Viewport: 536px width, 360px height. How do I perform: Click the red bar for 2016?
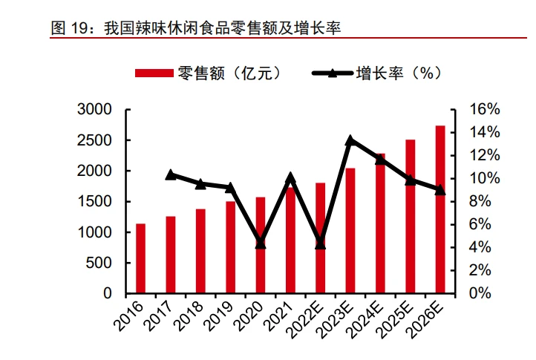pyautogui.click(x=140, y=258)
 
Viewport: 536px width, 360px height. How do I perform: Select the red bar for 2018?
pyautogui.click(x=200, y=251)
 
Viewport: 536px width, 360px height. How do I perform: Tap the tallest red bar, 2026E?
pyautogui.click(x=440, y=209)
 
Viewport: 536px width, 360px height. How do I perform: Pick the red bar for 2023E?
pyautogui.click(x=350, y=231)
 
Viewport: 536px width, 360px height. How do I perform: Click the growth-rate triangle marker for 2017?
pyautogui.click(x=171, y=174)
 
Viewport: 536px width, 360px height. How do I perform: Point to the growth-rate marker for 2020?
pyautogui.click(x=261, y=243)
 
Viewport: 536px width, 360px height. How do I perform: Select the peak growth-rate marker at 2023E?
pyautogui.click(x=350, y=140)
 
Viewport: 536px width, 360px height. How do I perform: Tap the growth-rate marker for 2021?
pyautogui.click(x=290, y=177)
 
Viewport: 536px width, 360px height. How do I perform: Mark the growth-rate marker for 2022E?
pyautogui.click(x=320, y=243)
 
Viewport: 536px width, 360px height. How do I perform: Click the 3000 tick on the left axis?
pyautogui.click(x=94, y=109)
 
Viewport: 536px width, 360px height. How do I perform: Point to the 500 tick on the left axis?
pyautogui.click(x=99, y=263)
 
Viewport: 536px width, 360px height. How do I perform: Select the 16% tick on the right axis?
pyautogui.click(x=484, y=109)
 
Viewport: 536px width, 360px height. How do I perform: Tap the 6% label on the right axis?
pyautogui.click(x=480, y=225)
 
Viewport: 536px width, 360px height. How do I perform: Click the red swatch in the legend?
pyautogui.click(x=154, y=73)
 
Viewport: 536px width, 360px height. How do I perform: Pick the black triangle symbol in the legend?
pyautogui.click(x=333, y=73)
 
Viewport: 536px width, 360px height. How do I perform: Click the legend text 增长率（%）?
pyautogui.click(x=399, y=73)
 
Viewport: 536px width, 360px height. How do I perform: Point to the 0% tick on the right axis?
pyautogui.click(x=480, y=293)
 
